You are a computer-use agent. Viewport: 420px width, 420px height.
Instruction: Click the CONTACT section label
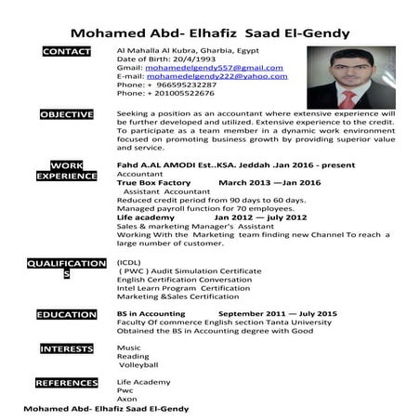67,51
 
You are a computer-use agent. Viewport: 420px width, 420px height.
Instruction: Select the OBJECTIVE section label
67,114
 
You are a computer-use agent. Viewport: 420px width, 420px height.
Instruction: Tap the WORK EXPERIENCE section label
67,170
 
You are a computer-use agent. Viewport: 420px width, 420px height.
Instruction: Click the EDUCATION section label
67,315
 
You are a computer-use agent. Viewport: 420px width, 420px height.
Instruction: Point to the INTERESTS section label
67,348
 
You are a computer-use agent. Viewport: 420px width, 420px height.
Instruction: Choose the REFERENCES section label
67,383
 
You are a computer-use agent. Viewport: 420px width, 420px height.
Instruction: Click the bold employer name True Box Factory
153,183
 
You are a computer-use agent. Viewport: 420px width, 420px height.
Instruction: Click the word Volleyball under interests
139,365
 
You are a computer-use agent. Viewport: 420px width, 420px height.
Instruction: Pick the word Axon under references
126,399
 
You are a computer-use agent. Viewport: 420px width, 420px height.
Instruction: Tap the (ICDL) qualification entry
130,263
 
